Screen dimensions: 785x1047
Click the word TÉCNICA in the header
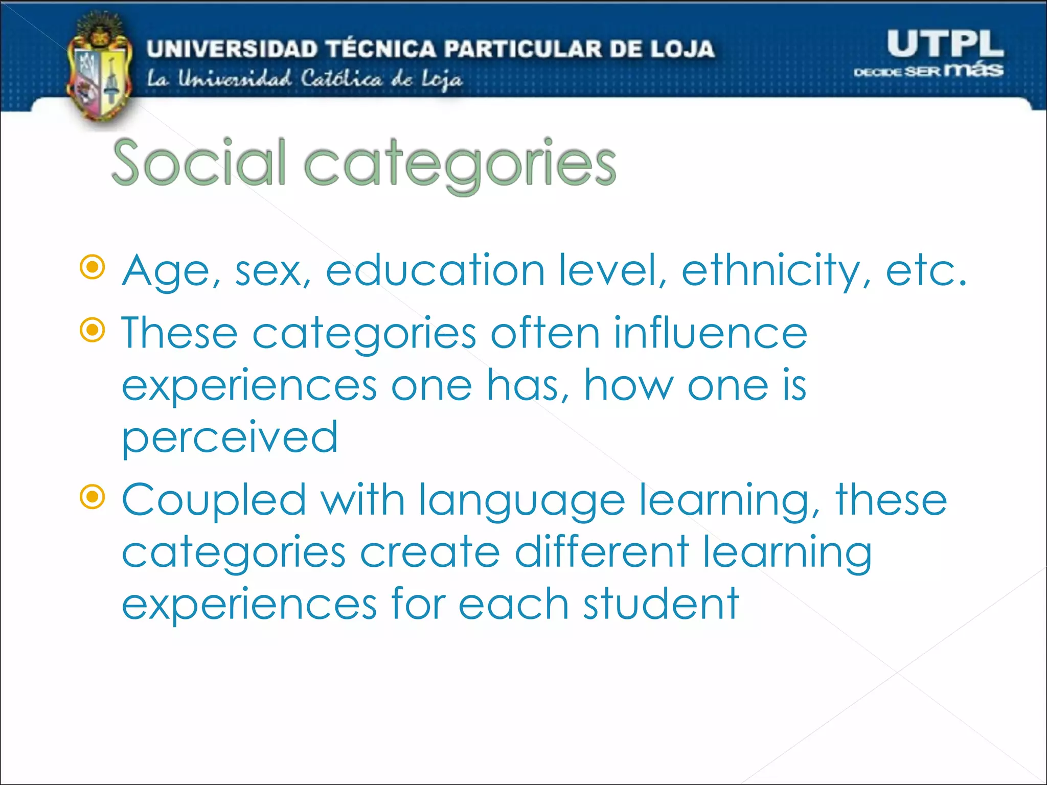pos(381,49)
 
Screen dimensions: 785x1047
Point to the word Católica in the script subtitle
pos(341,79)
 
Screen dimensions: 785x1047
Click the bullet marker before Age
pos(93,267)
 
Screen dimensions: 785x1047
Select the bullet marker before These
pos(93,330)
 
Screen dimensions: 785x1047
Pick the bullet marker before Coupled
pos(93,497)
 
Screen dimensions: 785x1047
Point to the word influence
pos(710,333)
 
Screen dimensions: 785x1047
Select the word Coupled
pos(214,501)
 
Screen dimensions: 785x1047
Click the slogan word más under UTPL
pos(973,70)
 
